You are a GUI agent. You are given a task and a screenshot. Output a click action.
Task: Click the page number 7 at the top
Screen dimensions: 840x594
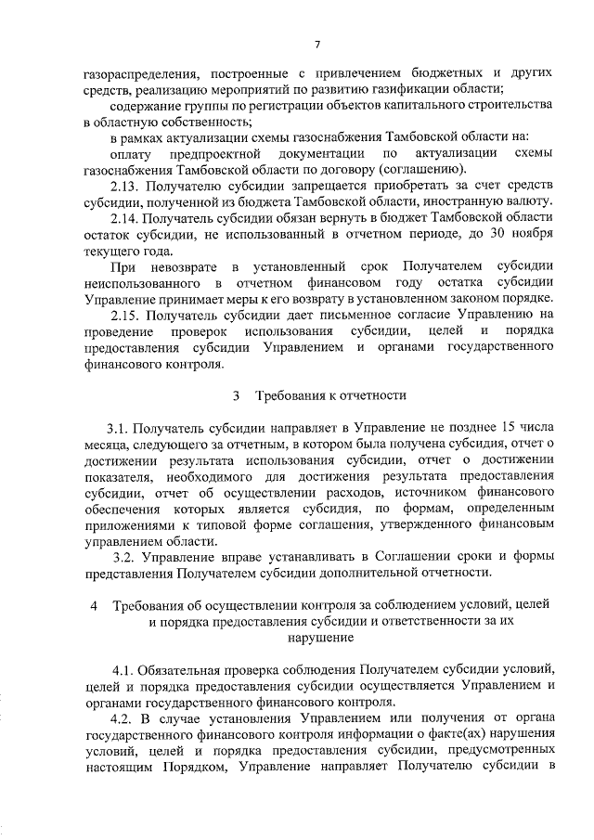(x=317, y=43)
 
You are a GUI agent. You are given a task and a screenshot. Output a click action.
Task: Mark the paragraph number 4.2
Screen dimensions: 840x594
(x=124, y=718)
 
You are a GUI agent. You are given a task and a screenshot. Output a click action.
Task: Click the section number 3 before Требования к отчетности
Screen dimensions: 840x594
(x=237, y=395)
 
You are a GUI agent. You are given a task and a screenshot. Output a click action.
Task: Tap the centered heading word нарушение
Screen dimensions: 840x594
(x=317, y=639)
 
